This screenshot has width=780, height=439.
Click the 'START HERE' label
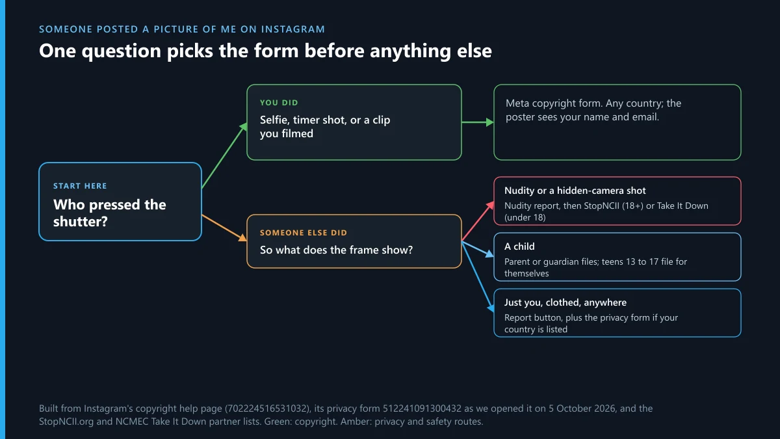click(80, 186)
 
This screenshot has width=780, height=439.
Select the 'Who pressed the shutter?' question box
click(120, 202)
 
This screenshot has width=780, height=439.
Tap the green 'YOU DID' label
click(279, 103)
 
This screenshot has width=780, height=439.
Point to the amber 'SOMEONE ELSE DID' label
click(304, 233)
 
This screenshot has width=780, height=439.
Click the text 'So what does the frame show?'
click(336, 250)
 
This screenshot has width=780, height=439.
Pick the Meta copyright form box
click(617, 122)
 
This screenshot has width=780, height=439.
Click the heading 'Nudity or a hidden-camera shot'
click(575, 191)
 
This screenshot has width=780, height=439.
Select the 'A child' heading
click(519, 246)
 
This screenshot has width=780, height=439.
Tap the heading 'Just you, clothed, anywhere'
click(565, 302)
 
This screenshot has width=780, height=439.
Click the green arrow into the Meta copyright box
click(477, 122)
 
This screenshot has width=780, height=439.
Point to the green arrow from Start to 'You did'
click(224, 155)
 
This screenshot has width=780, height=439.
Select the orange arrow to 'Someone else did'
click(224, 228)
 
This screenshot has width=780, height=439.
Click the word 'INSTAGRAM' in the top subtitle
click(293, 29)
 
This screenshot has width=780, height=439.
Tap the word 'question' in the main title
click(121, 51)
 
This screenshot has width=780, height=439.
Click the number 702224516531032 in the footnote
click(267, 408)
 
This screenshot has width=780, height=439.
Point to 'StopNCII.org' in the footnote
click(66, 421)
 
